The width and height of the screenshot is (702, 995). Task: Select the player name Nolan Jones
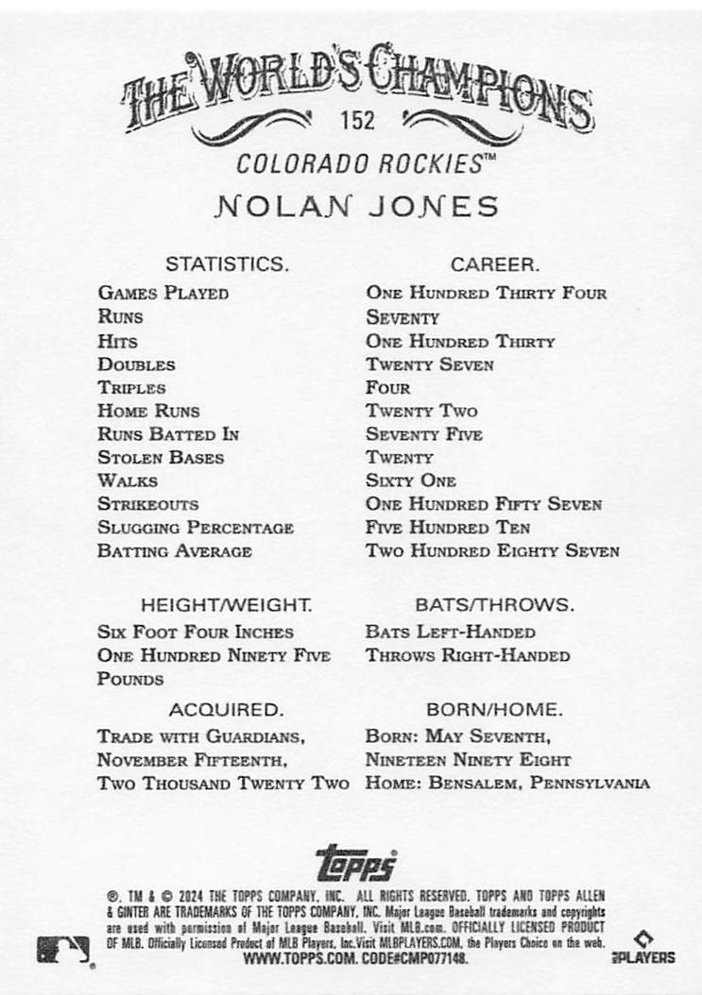click(x=356, y=207)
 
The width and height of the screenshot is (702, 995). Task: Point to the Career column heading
click(x=494, y=264)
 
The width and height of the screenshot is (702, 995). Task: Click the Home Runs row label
click(x=148, y=411)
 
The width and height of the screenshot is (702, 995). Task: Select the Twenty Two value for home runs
click(x=421, y=411)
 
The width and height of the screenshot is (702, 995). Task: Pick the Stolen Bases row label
click(x=161, y=458)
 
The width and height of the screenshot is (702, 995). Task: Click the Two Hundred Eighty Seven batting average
click(x=492, y=550)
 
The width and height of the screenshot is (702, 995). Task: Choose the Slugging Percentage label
click(x=196, y=528)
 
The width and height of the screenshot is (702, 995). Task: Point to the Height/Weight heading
click(x=226, y=604)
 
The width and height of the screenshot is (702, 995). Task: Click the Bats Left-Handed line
click(x=450, y=632)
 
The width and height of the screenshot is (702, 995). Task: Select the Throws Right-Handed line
click(x=468, y=655)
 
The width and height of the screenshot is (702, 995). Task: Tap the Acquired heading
click(x=225, y=708)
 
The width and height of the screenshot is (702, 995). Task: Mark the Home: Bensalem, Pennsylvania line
click(x=507, y=783)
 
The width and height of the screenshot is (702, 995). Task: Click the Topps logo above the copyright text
click(x=355, y=862)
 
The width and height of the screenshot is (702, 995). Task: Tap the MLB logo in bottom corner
click(x=63, y=950)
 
